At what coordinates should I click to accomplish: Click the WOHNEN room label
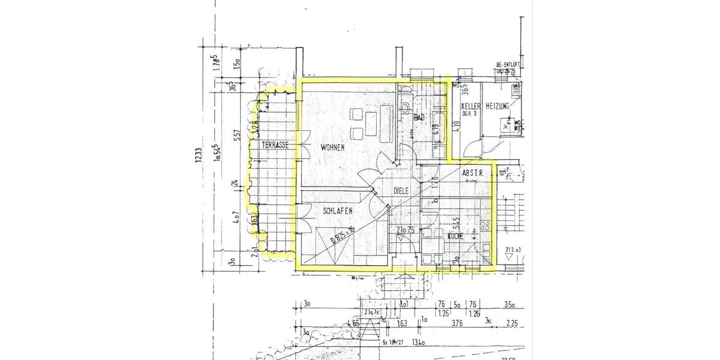[x=332, y=147]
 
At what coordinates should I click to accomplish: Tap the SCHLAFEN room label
[x=337, y=211]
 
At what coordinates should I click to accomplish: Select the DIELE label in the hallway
[x=401, y=190]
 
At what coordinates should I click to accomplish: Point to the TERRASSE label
[x=275, y=145]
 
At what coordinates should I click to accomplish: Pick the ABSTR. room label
[x=473, y=173]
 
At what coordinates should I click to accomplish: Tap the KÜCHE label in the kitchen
[x=454, y=237]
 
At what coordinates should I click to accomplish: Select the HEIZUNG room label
[x=497, y=106]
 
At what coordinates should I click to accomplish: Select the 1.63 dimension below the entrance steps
[x=401, y=325]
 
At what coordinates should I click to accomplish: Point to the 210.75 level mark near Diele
[x=406, y=229]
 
